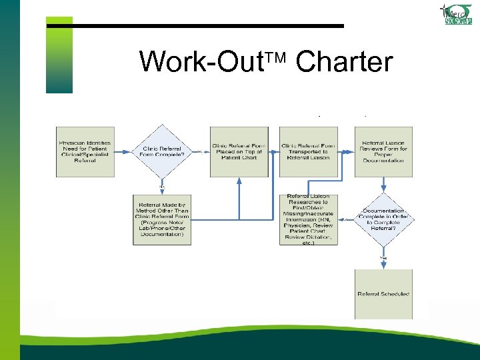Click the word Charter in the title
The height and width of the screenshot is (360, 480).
[344, 62]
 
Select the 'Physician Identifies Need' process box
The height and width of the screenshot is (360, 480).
[85, 151]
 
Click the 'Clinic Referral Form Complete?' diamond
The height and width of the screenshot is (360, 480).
[161, 151]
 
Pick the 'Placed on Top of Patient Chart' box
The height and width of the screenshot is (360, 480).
[239, 151]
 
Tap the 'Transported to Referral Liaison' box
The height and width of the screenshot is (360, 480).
[308, 151]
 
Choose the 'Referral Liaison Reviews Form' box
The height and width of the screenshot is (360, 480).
[383, 151]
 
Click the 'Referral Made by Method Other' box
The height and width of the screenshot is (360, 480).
[162, 219]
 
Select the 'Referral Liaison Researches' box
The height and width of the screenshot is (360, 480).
[308, 219]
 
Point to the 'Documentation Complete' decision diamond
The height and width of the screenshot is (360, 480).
[383, 219]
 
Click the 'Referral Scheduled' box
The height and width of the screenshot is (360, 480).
[383, 293]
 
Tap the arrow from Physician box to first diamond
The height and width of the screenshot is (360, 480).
[123, 151]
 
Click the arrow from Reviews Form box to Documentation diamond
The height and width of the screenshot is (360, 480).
[383, 185]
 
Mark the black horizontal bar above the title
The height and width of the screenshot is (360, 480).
[207, 26]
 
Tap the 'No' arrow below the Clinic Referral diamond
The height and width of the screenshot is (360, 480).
[161, 186]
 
